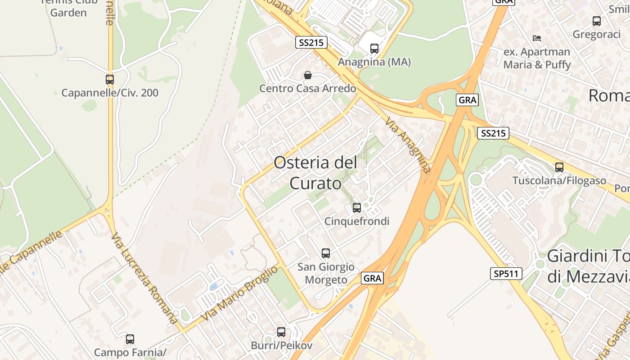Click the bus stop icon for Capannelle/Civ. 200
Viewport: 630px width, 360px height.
[109, 80]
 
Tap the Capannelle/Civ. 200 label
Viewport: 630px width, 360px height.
[110, 93]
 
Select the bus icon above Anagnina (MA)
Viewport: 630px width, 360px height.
[374, 49]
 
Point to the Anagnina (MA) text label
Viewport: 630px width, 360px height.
[374, 62]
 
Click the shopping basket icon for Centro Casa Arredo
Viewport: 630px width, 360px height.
[308, 75]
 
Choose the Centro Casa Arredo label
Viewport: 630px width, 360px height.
[308, 88]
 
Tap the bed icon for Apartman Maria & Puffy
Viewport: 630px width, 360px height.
[536, 38]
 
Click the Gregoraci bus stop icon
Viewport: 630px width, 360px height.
[596, 21]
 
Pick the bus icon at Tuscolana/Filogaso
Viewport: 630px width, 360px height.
[559, 167]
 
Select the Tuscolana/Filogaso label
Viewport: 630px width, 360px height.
[559, 181]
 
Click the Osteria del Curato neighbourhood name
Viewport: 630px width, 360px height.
[315, 173]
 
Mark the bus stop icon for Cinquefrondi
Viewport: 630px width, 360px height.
[356, 207]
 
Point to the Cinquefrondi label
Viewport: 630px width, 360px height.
[357, 221]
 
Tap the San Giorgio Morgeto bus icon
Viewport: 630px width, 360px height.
[325, 253]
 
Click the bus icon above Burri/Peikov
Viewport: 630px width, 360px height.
[281, 332]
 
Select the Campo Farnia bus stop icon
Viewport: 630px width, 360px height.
[130, 339]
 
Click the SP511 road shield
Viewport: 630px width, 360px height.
[506, 274]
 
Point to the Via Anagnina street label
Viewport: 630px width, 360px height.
[408, 145]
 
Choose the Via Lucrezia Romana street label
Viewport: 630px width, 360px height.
[144, 279]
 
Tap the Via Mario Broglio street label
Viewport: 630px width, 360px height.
[239, 293]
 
